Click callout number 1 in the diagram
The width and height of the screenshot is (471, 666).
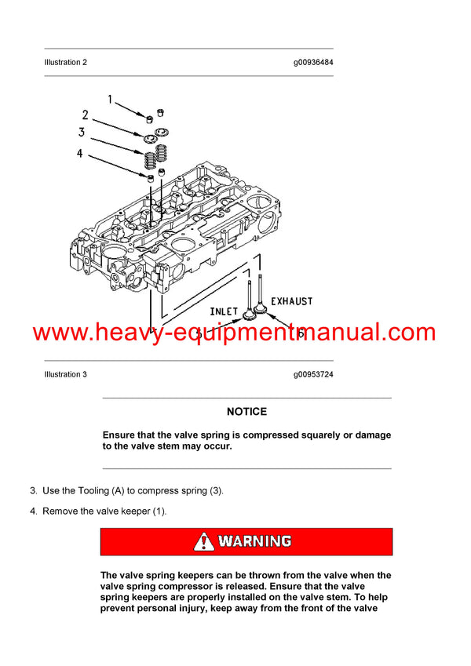coord(111,100)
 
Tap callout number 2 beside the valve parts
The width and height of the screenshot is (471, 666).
coord(86,115)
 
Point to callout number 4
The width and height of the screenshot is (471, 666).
coord(79,154)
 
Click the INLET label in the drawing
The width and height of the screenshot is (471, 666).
coord(224,311)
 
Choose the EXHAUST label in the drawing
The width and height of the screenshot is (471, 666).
coord(291,301)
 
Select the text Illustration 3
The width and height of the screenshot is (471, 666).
coord(66,374)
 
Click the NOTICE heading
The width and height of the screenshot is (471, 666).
coord(246,411)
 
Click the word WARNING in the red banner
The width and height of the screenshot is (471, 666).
coord(254,541)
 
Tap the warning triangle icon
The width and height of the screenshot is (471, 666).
coord(203,541)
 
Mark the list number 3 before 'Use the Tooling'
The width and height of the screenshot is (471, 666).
coord(33,491)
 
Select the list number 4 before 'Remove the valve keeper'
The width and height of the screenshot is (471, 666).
coord(33,511)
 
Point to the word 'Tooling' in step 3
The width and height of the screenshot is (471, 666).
coord(97,491)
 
